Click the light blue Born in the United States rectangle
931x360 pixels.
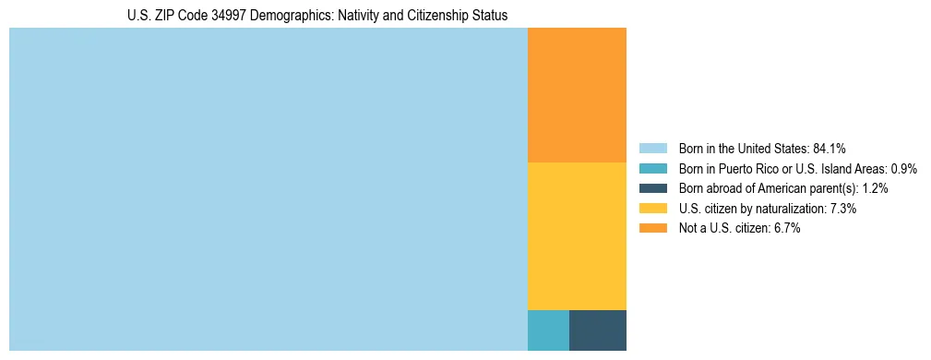coord(268,189)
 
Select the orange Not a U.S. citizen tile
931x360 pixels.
coord(577,95)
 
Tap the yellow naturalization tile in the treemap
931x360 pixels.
coord(577,236)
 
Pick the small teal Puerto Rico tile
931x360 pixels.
coord(548,330)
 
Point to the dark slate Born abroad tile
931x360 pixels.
coord(598,330)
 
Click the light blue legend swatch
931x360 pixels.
coord(652,149)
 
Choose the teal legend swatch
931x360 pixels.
coord(652,169)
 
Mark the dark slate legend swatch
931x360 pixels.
coord(652,188)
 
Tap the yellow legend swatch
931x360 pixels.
coord(652,209)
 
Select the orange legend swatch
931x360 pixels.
coord(652,229)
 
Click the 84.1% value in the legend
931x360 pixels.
coord(830,149)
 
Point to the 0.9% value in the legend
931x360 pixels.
coord(903,169)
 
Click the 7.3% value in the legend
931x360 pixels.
coord(843,209)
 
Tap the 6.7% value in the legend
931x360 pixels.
coord(786,229)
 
